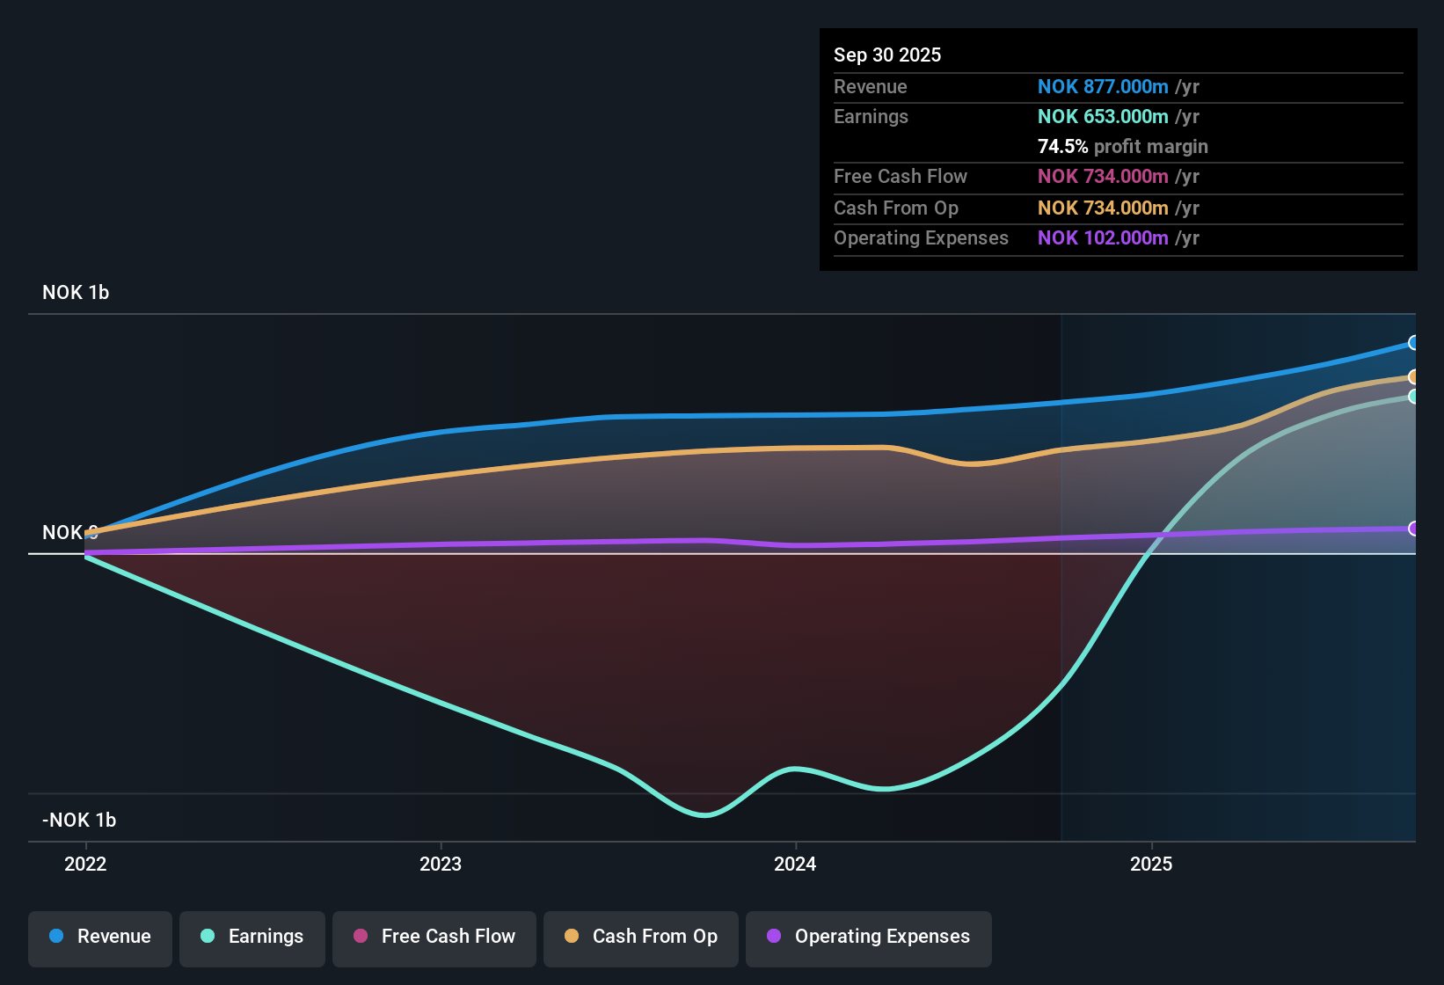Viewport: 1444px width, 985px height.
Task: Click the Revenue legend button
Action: click(100, 937)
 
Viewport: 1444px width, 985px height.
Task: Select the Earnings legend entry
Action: click(252, 937)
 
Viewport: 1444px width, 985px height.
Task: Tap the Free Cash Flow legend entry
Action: click(434, 937)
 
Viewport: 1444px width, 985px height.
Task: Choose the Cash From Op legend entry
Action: click(641, 937)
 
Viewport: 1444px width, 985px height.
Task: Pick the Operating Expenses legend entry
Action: click(869, 937)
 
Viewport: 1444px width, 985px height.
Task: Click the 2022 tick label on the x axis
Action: click(85, 864)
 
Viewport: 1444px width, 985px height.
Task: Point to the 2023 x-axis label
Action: click(441, 864)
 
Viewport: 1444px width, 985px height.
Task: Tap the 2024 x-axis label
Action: click(795, 864)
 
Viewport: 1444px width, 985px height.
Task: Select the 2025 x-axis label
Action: click(1151, 864)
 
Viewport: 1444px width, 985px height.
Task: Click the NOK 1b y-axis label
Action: click(76, 293)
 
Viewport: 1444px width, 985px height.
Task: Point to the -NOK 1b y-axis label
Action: click(79, 821)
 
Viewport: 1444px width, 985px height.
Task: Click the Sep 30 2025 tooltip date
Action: click(887, 55)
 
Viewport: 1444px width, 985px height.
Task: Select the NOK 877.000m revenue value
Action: click(1103, 87)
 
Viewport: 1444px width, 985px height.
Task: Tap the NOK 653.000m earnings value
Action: click(1103, 117)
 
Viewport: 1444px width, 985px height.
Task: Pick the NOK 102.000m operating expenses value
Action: click(1103, 238)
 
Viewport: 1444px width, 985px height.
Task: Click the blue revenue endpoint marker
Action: click(1413, 343)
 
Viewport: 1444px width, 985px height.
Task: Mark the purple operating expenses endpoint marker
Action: click(1413, 529)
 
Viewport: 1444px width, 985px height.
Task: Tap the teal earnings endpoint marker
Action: click(1413, 397)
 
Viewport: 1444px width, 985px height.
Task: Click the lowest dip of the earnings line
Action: click(704, 815)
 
